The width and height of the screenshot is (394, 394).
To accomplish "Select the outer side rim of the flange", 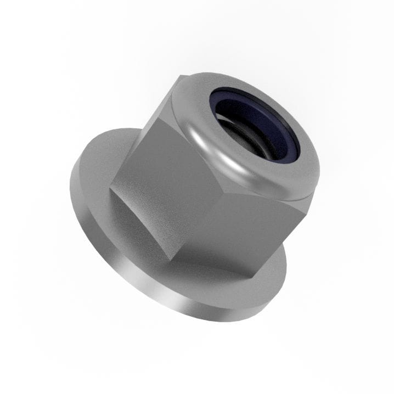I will (x=137, y=274).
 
